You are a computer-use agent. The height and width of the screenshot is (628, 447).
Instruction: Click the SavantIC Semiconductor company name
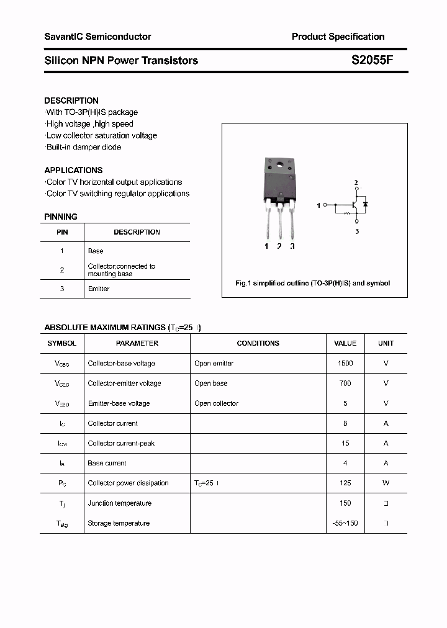click(x=97, y=37)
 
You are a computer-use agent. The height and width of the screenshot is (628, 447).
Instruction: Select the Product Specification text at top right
click(x=338, y=37)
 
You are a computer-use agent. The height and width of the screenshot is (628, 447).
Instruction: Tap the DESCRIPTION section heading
click(x=71, y=101)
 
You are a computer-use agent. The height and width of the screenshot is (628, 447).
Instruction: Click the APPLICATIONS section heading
click(x=73, y=170)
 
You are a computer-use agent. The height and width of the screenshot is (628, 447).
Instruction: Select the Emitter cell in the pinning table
click(x=99, y=289)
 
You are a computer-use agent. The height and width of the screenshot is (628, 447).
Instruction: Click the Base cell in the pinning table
click(x=96, y=251)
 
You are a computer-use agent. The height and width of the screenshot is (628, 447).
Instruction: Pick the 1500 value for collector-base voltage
click(x=345, y=363)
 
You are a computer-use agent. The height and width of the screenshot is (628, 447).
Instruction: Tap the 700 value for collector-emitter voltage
click(x=345, y=384)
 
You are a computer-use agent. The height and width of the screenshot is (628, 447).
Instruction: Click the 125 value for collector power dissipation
click(x=345, y=483)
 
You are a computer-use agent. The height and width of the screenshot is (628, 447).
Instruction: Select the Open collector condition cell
click(x=216, y=403)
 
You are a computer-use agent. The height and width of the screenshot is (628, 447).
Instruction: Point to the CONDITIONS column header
click(x=258, y=343)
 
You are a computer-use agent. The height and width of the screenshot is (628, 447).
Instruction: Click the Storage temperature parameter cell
click(x=119, y=523)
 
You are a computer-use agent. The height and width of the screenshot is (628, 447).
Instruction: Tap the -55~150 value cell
click(x=345, y=523)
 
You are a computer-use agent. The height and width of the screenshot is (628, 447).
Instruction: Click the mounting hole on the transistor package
click(x=279, y=165)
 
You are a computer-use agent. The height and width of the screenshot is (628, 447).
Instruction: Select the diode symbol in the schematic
click(x=366, y=204)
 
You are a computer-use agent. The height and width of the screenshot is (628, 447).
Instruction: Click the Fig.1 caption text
click(x=313, y=283)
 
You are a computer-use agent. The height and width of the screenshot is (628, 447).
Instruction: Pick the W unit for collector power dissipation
click(x=386, y=483)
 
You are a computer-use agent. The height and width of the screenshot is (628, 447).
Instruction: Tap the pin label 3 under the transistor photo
click(x=292, y=246)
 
